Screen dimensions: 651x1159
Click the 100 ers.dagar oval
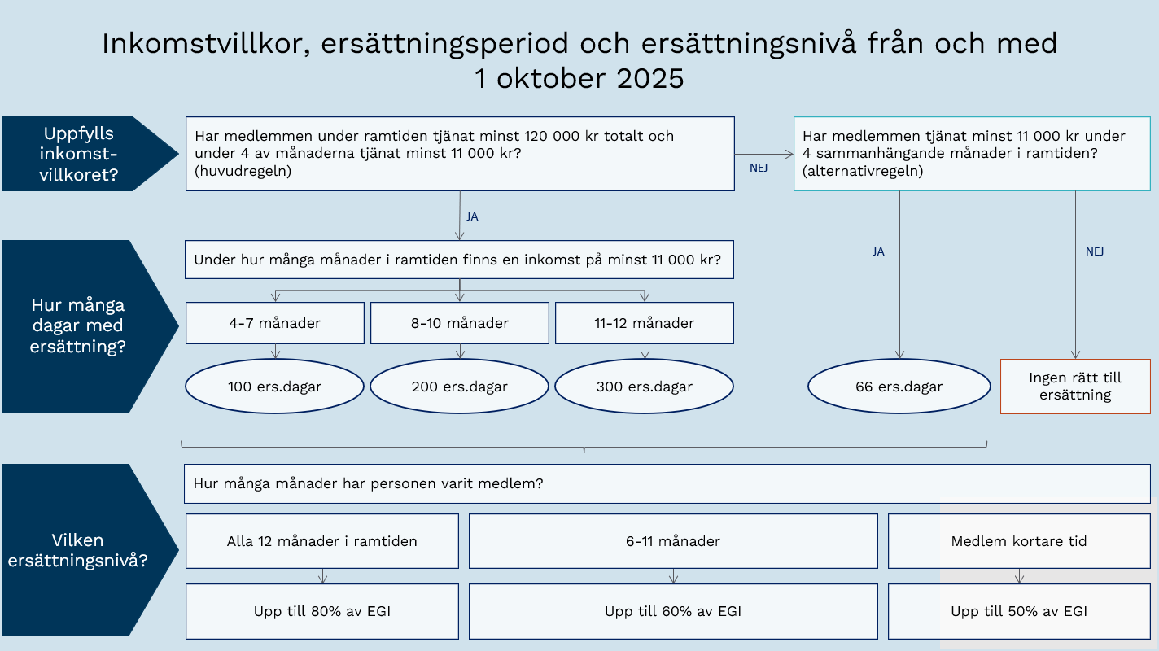click(274, 387)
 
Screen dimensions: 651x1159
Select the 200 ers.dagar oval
click(460, 387)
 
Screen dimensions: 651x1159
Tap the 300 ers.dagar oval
click(644, 387)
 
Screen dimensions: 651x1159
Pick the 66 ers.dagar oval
click(899, 387)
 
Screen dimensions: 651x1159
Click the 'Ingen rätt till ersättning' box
click(1075, 387)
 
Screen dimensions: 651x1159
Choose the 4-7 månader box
click(274, 323)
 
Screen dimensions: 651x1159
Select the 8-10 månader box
click(460, 323)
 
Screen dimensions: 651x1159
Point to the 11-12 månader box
click(644, 323)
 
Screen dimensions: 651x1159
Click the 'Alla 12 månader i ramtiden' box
click(322, 541)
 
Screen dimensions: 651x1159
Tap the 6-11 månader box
click(673, 541)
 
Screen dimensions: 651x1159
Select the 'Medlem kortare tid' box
click(1019, 541)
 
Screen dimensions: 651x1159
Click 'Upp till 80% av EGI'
click(322, 611)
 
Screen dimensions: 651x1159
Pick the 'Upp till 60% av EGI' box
click(673, 611)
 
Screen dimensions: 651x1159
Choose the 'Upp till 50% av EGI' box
click(1019, 611)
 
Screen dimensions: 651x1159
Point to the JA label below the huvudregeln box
click(472, 217)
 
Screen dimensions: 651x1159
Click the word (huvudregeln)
click(243, 172)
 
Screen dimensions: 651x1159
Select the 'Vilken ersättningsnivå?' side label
click(78, 550)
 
